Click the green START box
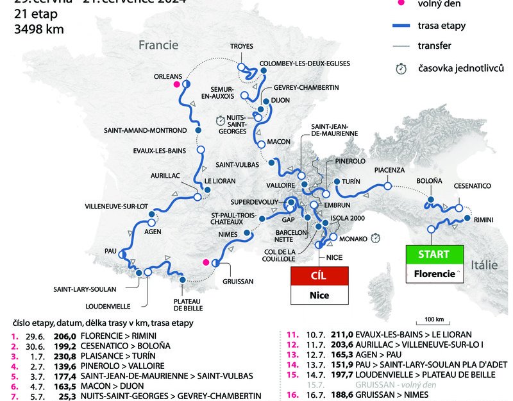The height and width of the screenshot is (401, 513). point(433,254)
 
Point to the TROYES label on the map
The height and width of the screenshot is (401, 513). point(242,47)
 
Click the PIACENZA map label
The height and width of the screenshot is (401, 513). point(390,170)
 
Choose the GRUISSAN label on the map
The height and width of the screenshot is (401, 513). point(238,281)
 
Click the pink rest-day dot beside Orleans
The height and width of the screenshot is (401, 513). point(176,84)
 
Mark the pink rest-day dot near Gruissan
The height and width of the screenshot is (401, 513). point(205,262)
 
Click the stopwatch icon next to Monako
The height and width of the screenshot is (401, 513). point(376,238)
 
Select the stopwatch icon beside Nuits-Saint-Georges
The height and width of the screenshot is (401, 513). point(221,119)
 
